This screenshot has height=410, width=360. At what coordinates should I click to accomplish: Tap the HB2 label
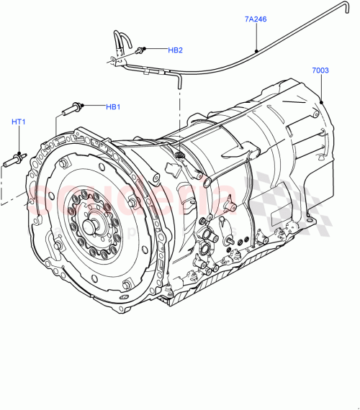(x=176, y=50)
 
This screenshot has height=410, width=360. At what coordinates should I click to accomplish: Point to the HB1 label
(x=113, y=107)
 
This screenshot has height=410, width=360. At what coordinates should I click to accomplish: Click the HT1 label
(x=19, y=122)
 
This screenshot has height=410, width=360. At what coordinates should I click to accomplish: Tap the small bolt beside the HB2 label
(x=143, y=50)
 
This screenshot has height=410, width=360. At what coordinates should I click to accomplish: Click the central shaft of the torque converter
(x=91, y=225)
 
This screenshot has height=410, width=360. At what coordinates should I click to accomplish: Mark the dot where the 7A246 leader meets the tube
(x=258, y=51)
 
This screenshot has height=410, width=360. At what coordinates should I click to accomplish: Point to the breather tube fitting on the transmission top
(x=180, y=156)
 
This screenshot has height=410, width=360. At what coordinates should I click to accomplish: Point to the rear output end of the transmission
(x=324, y=144)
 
